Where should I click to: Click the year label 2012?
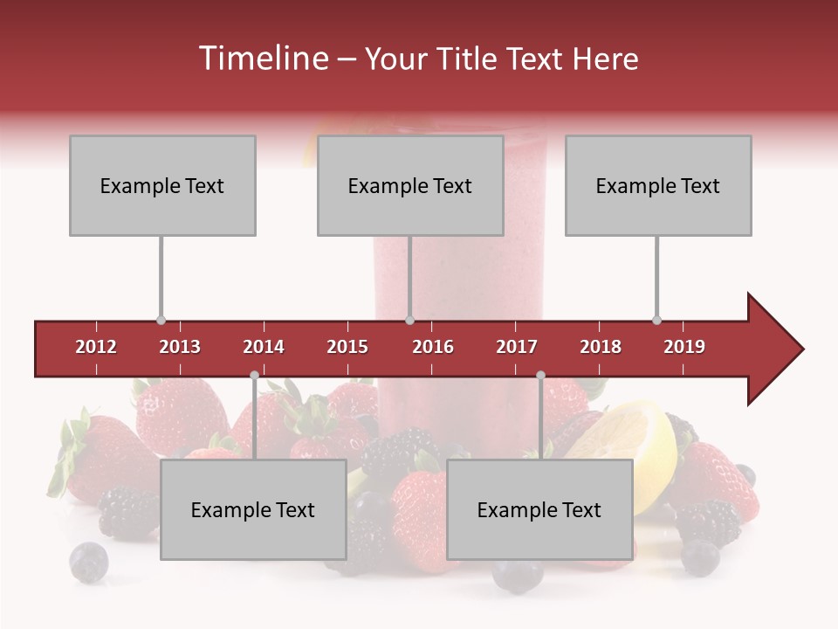coord(96,347)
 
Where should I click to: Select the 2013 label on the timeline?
coord(180,347)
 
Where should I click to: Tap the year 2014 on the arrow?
coord(264,347)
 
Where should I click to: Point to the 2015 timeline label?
coord(347,347)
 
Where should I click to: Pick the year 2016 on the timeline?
coord(433,347)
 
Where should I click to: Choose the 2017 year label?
coord(517,347)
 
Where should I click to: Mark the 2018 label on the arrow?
coord(601,347)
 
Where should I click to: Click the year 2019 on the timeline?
coord(684,347)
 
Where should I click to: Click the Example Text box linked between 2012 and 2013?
coord(162,185)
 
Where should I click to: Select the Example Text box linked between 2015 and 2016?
coord(410,185)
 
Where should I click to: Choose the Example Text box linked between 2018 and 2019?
coord(658,185)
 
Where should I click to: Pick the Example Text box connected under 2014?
coord(253,509)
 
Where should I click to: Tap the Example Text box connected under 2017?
coord(539,509)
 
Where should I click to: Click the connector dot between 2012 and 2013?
coord(161,321)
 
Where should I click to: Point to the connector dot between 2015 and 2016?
coord(409,321)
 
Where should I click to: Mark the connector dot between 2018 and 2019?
coord(656,321)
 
